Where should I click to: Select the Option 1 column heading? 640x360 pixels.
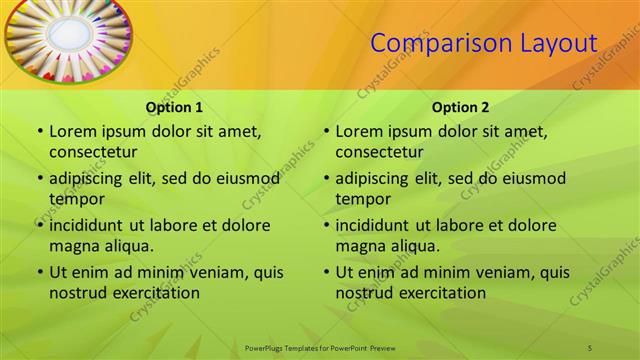pyautogui.click(x=174, y=107)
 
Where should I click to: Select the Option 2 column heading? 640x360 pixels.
pyautogui.click(x=461, y=107)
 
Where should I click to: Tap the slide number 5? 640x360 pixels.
pyautogui.click(x=590, y=347)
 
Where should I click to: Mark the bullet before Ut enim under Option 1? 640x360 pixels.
pyautogui.click(x=39, y=272)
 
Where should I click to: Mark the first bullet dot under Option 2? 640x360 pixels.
pyautogui.click(x=326, y=131)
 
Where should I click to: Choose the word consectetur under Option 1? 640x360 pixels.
pyautogui.click(x=93, y=152)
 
